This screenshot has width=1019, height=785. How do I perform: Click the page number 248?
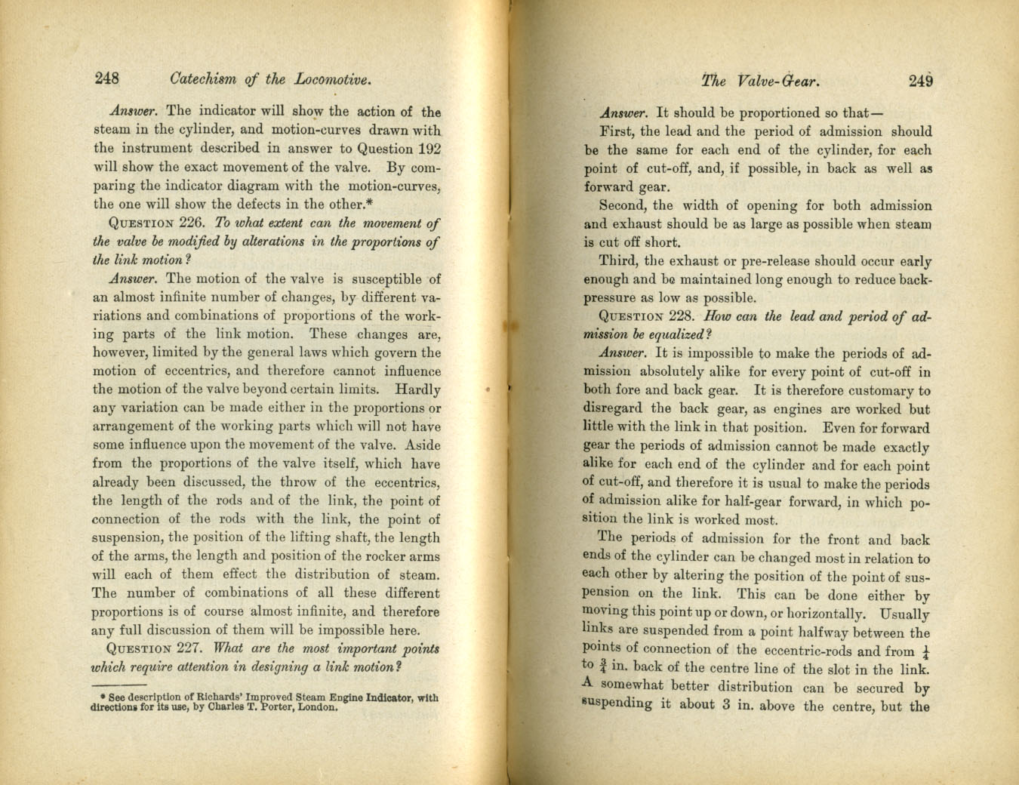[x=106, y=78]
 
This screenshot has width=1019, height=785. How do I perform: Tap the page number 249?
[x=920, y=82]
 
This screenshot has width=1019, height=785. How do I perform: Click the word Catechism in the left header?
[x=203, y=78]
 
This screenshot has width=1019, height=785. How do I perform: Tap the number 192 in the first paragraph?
[x=428, y=149]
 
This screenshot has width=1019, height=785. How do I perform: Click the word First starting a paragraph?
[x=616, y=131]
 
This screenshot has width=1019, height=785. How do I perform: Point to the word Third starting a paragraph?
[x=617, y=261]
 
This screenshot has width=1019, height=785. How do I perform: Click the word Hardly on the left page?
[x=417, y=390]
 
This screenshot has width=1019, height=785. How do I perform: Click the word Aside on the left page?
[x=423, y=445]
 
